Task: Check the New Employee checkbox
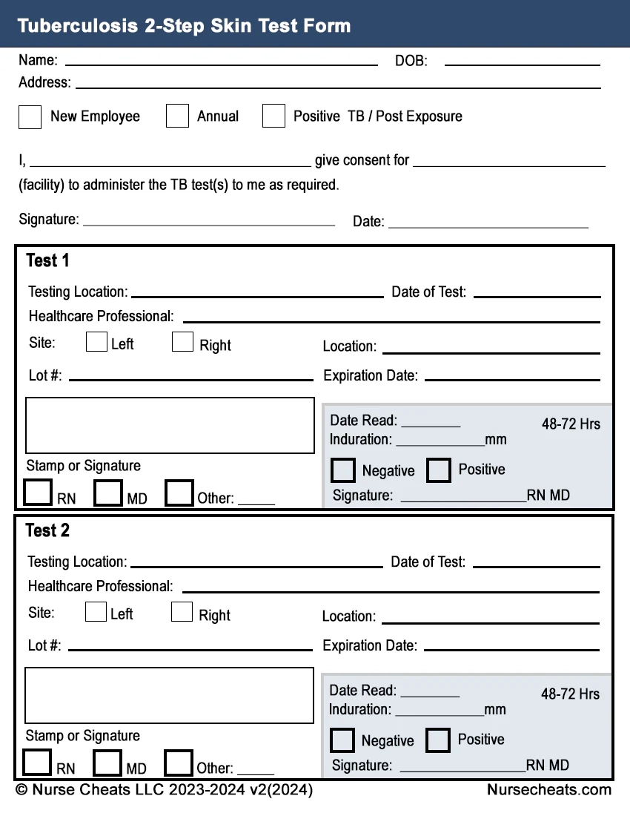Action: [x=30, y=116]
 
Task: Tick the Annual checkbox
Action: [x=177, y=116]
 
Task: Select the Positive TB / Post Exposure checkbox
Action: [x=273, y=116]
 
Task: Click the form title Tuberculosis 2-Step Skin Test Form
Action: [x=184, y=26]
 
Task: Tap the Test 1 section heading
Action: [x=47, y=260]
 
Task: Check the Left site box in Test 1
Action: [x=96, y=342]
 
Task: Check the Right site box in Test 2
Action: [x=182, y=612]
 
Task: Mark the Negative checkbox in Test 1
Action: [x=343, y=470]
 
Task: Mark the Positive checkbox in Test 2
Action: [x=438, y=740]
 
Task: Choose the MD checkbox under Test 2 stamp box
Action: [x=107, y=763]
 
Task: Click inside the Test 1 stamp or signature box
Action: [x=170, y=425]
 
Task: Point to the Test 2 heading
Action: [x=47, y=530]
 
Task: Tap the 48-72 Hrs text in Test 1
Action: [x=571, y=424]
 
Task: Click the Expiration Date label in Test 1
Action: [x=371, y=376]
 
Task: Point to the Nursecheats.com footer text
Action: [x=549, y=790]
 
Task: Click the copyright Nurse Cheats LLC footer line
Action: [x=164, y=790]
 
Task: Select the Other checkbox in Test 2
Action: [x=179, y=763]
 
